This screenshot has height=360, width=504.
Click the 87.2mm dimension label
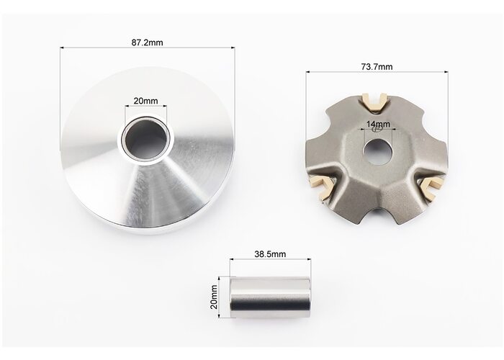pyautogui.click(x=147, y=42)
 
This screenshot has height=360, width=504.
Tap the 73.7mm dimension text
pyautogui.click(x=377, y=66)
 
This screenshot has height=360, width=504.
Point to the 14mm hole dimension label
pyautogui.click(x=378, y=124)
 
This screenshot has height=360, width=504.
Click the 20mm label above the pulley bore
pyautogui.click(x=146, y=101)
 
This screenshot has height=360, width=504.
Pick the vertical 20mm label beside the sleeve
pyautogui.click(x=214, y=297)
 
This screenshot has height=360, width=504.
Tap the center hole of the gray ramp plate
pyautogui.click(x=378, y=151)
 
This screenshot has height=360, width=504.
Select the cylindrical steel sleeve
pyautogui.click(x=270, y=297)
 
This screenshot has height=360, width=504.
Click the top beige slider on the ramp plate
pyautogui.click(x=375, y=102)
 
